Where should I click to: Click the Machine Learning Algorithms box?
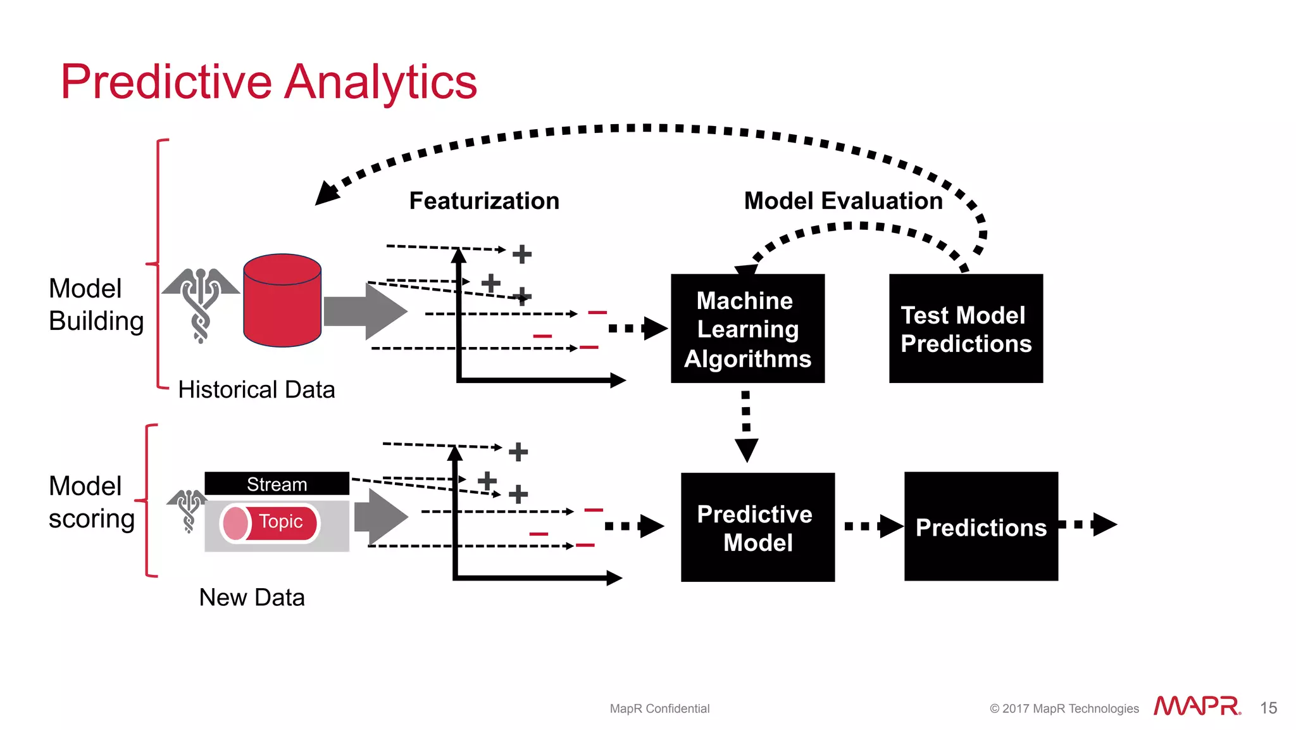(x=747, y=328)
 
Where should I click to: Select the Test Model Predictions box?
(x=966, y=328)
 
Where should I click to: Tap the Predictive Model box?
(x=757, y=527)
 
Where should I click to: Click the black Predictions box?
(x=981, y=526)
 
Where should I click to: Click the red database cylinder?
(x=282, y=301)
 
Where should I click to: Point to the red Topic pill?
(x=270, y=522)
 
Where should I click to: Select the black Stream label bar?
(x=277, y=484)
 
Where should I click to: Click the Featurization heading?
(x=484, y=201)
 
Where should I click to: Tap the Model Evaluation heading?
(x=843, y=201)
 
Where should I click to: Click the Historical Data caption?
(x=256, y=389)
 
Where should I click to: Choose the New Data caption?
(x=252, y=597)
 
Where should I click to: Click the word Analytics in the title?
(x=380, y=82)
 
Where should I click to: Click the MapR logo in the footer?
(x=1197, y=706)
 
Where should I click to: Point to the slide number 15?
(x=1268, y=708)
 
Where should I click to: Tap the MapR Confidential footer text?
(x=659, y=708)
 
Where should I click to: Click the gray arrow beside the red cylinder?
(x=365, y=312)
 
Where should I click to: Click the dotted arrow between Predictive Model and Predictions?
(x=873, y=526)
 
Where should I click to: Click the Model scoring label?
(x=92, y=502)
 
